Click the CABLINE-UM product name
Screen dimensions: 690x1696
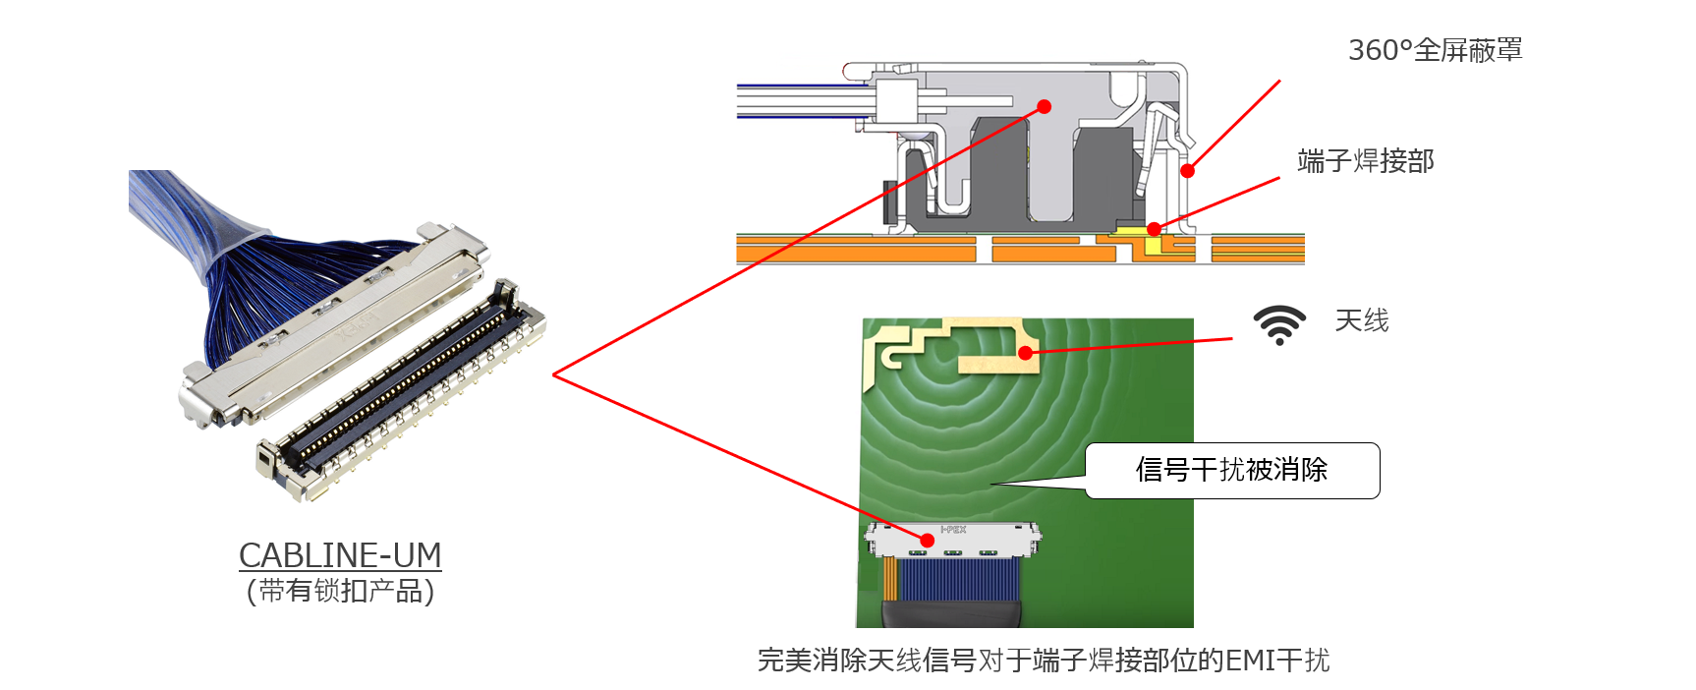(340, 555)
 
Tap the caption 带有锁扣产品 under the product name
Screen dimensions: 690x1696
(340, 591)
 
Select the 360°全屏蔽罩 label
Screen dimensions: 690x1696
(1435, 50)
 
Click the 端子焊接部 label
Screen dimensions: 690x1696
(1365, 161)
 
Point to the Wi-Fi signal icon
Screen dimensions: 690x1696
(1278, 324)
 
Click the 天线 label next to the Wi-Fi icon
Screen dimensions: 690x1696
(1361, 320)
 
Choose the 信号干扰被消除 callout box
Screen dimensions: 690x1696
(1232, 470)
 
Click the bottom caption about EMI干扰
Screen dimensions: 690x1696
(1043, 661)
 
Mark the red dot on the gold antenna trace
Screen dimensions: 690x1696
(1025, 353)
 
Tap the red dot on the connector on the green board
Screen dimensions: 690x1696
(927, 540)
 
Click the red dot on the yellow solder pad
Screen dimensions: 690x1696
(1154, 229)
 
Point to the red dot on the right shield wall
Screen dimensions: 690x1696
(1187, 171)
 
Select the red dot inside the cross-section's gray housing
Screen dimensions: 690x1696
(1045, 106)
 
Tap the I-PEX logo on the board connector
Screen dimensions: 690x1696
(953, 530)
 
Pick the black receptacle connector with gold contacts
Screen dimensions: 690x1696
(403, 393)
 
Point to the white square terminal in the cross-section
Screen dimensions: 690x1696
(895, 101)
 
